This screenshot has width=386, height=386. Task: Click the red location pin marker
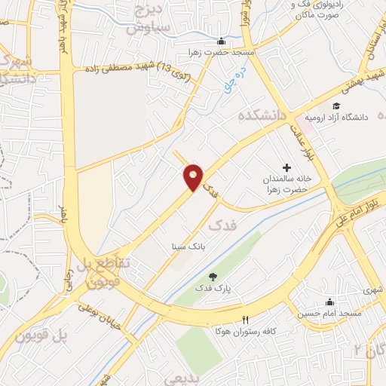point(194,176)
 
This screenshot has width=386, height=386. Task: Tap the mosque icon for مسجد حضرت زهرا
point(220,41)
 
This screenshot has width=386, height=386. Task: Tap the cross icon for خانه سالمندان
point(286,167)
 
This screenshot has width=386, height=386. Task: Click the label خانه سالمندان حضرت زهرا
point(286,185)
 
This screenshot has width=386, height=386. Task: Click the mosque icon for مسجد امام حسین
point(329,302)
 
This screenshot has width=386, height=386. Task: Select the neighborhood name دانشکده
point(264,116)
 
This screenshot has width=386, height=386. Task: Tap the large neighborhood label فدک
point(223,225)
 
